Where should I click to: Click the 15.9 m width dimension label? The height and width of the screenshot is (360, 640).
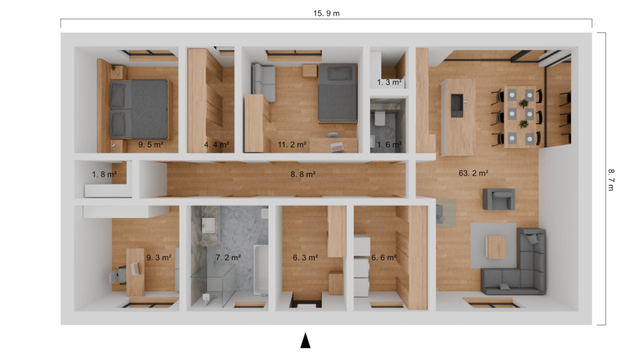326,13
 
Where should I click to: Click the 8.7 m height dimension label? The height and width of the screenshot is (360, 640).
611,179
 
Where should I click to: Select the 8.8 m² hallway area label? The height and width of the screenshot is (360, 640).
302,174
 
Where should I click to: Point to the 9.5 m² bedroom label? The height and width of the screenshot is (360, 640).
150,144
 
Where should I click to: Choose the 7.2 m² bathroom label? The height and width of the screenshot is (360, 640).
228,257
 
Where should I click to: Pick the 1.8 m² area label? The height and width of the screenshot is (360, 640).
104,174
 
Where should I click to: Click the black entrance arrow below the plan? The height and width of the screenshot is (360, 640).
305,340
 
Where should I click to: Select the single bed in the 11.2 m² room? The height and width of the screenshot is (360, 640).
337,93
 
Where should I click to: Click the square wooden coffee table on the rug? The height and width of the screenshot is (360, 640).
497,246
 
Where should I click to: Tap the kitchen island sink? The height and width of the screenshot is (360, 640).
457,101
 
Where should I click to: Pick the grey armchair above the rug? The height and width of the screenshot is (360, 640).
499,199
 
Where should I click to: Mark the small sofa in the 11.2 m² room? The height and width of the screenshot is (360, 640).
263,81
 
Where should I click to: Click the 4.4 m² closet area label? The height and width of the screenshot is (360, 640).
216,144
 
